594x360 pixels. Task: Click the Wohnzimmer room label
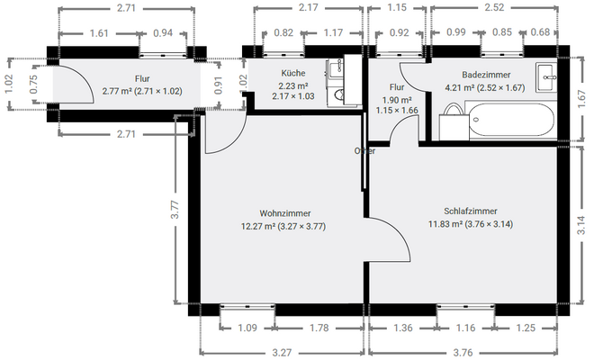coord(279,213)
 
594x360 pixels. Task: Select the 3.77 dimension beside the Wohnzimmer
coord(176,211)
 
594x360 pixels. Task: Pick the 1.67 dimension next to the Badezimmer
coord(581,104)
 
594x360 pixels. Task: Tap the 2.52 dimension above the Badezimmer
coord(493,8)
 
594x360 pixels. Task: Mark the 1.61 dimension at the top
coord(99,33)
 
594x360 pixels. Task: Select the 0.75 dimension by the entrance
coord(32,85)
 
